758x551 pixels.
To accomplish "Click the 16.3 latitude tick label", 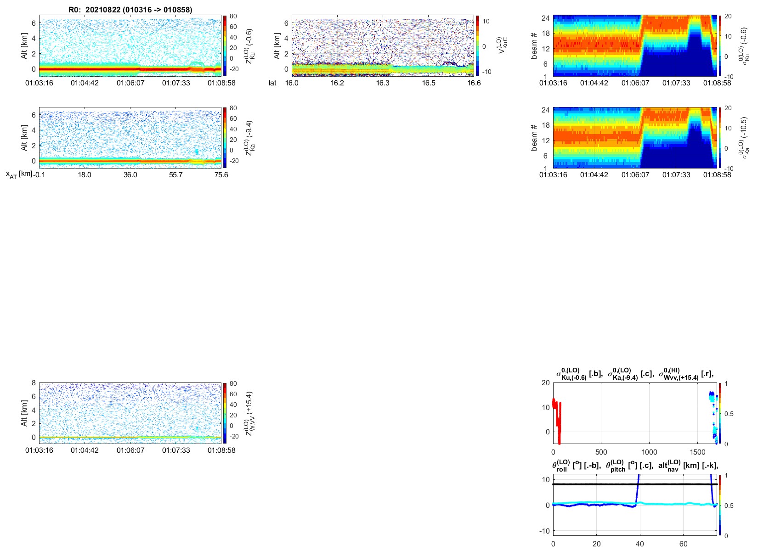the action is (383, 83).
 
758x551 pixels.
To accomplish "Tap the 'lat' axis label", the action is (272, 83).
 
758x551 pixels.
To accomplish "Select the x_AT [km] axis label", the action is (19, 174).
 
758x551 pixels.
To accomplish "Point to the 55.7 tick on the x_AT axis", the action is (175, 175).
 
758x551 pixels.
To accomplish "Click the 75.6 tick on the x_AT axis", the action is (221, 175).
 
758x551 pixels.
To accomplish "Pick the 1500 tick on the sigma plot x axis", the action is (697, 452).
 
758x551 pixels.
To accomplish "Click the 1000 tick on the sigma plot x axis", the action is (650, 452).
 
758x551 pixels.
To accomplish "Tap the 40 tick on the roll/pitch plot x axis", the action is (640, 544).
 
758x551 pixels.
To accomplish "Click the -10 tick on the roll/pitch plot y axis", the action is (544, 531).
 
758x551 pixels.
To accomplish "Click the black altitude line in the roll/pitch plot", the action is (635, 484).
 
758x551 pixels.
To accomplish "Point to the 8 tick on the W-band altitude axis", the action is (34, 383).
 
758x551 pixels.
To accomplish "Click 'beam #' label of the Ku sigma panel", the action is (534, 46).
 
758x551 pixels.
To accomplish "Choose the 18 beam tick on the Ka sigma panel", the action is (545, 125).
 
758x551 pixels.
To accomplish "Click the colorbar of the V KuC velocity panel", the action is (477, 45).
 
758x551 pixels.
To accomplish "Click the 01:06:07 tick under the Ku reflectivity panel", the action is (130, 83).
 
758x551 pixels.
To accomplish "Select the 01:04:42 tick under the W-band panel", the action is (85, 450).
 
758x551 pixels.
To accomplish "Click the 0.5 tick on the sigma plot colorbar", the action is (729, 414).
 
